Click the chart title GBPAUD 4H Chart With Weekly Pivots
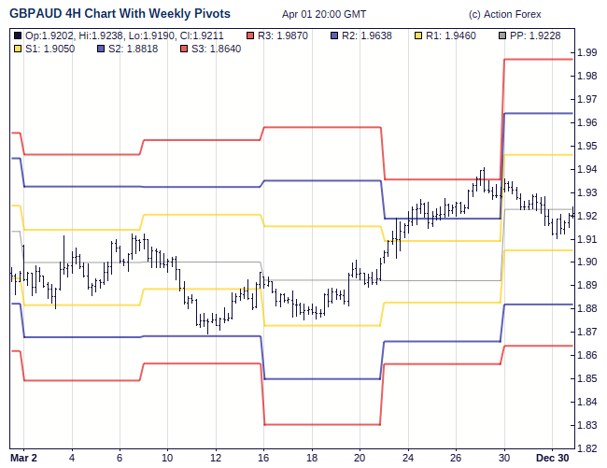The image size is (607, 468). pyautogui.click(x=120, y=14)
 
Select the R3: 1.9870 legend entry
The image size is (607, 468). pyautogui.click(x=289, y=35)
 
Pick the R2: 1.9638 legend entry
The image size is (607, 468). pyautogui.click(x=366, y=35)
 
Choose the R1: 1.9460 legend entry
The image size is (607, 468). pyautogui.click(x=444, y=35)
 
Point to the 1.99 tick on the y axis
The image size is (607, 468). pyautogui.click(x=587, y=53)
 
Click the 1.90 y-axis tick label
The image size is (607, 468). pyautogui.click(x=587, y=262)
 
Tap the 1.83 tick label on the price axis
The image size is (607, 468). pyautogui.click(x=587, y=426)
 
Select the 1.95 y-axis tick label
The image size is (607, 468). pyautogui.click(x=587, y=147)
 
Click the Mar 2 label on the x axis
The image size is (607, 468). pyautogui.click(x=24, y=458)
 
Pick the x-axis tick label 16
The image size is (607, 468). pyautogui.click(x=263, y=458)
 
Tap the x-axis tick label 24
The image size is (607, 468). pyautogui.click(x=408, y=458)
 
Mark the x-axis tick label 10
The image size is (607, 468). pyautogui.click(x=167, y=458)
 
